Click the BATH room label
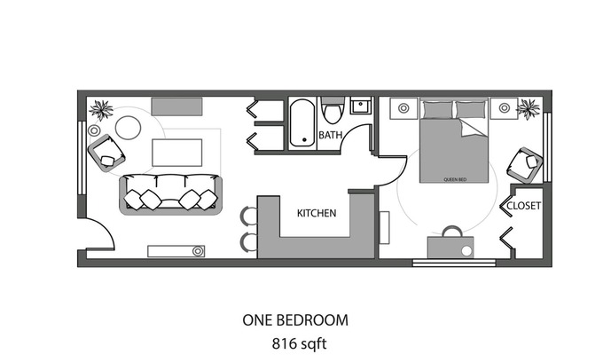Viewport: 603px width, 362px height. click(x=331, y=135)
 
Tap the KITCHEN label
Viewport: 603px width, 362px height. click(x=317, y=213)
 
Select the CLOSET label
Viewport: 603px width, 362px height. click(x=523, y=206)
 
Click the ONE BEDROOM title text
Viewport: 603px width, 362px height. click(x=295, y=320)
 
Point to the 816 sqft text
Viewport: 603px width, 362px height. click(x=299, y=343)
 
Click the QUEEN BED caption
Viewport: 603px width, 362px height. click(x=455, y=179)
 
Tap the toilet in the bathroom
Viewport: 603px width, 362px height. click(x=333, y=110)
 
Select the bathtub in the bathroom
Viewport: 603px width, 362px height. click(x=301, y=123)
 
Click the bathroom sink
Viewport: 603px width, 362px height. click(x=361, y=105)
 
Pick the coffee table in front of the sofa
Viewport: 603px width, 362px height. click(x=176, y=153)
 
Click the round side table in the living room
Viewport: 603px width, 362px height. click(x=128, y=128)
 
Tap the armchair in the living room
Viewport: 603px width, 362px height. click(x=106, y=153)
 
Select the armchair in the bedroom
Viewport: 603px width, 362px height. click(x=525, y=165)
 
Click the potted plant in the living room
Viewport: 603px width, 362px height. click(x=101, y=110)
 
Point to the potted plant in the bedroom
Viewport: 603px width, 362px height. click(x=528, y=109)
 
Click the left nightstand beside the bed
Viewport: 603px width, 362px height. click(x=403, y=108)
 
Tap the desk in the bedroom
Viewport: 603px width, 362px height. click(x=450, y=247)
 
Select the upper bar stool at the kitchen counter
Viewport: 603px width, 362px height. click(x=249, y=216)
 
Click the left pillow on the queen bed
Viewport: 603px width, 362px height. click(x=438, y=110)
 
